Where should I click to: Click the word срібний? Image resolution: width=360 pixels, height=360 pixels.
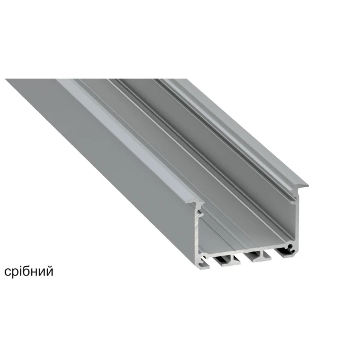(x=29, y=272)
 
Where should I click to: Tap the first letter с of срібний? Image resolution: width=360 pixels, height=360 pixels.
(x=7, y=272)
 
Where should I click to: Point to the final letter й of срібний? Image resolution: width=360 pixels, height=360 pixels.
(x=49, y=271)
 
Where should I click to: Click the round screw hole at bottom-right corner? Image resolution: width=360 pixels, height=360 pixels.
(x=290, y=247)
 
